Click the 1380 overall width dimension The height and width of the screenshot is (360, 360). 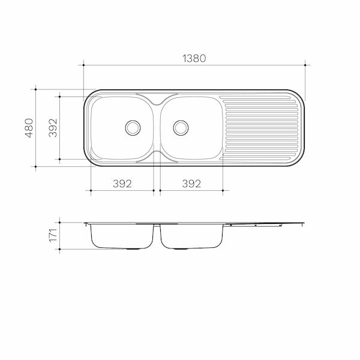(x=194, y=58)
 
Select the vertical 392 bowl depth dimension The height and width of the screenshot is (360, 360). (x=53, y=127)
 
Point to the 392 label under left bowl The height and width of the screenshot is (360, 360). (x=122, y=184)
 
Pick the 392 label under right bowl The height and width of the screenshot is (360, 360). (x=191, y=184)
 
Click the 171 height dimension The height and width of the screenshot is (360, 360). (x=53, y=235)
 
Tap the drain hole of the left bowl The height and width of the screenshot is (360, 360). (x=133, y=127)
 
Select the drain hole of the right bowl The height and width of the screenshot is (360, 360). (x=181, y=127)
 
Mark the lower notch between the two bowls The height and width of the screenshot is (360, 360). (x=157, y=157)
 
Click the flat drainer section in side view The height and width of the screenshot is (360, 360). (x=264, y=224)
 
